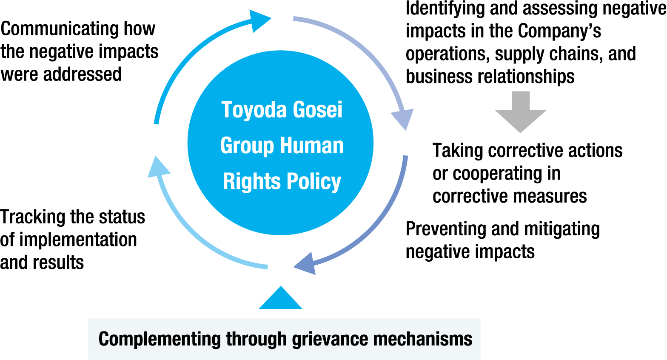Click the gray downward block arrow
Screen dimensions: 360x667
(520, 111)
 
